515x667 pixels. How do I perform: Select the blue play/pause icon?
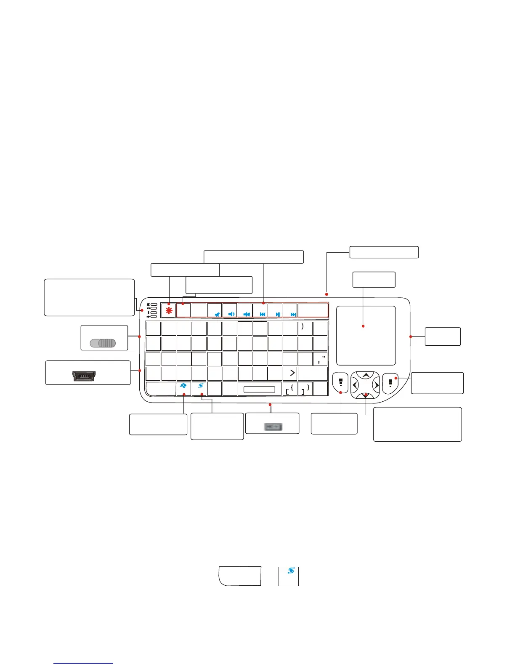278,314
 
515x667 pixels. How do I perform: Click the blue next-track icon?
293,314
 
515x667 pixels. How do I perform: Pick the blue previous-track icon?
263,314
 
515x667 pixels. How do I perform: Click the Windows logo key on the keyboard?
184,386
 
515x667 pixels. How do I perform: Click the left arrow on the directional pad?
355,385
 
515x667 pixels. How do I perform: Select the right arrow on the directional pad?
377,385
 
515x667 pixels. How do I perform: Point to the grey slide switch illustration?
103,343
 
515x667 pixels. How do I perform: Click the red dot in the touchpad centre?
363,325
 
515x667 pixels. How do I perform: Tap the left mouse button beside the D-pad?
340,383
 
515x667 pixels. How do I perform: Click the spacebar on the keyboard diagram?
259,389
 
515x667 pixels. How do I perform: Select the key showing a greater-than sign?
291,373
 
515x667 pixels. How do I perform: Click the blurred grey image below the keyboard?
273,427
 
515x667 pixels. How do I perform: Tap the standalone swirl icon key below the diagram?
289,576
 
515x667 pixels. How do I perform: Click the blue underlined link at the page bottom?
83,664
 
